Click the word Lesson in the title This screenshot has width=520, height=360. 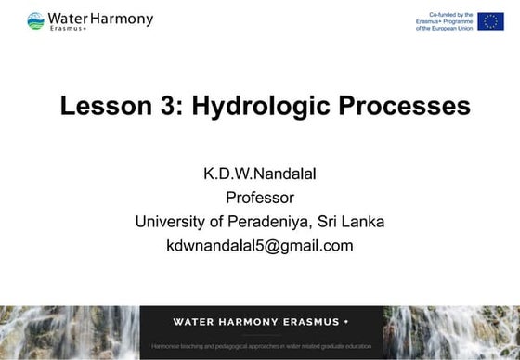(101, 106)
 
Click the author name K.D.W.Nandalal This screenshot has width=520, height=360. (260, 174)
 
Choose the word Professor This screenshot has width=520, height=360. (260, 198)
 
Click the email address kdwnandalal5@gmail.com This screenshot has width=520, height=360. (260, 246)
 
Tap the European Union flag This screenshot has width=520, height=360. (491, 21)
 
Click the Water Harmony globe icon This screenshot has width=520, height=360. (35, 20)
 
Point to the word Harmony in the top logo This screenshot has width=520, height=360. (122, 18)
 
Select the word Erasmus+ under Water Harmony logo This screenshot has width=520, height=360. (67, 29)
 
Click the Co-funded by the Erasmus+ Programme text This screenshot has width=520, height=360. (445, 21)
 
